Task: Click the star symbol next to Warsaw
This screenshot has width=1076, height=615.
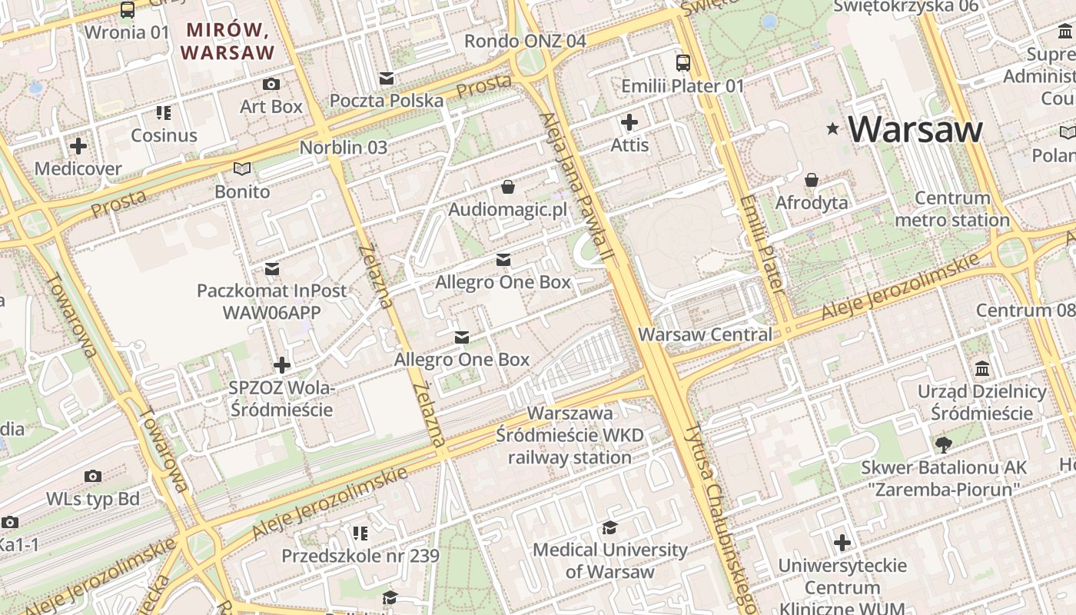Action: click(x=832, y=129)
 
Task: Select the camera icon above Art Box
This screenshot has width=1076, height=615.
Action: click(x=271, y=84)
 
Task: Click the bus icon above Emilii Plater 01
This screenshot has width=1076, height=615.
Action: click(x=682, y=63)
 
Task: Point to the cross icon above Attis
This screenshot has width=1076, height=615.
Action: click(x=629, y=122)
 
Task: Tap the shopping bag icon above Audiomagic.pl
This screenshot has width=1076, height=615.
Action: click(x=507, y=187)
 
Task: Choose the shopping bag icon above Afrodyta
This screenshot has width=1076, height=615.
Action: click(x=812, y=181)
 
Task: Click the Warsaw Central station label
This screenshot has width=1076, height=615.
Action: click(x=705, y=334)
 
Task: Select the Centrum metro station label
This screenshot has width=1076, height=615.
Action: click(x=952, y=209)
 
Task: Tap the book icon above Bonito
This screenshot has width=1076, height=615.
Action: click(x=242, y=168)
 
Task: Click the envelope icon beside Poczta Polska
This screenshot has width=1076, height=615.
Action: click(x=387, y=78)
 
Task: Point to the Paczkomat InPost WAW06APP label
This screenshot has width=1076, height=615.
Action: click(x=272, y=301)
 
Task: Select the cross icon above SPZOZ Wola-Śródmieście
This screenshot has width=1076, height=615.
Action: click(x=282, y=365)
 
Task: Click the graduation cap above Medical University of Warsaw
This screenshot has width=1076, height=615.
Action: click(x=610, y=527)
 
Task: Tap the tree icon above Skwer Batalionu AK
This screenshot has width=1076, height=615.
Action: click(x=943, y=444)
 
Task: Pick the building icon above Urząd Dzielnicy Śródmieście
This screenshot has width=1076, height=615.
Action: click(x=981, y=369)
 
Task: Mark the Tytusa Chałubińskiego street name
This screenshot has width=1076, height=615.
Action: click(x=721, y=515)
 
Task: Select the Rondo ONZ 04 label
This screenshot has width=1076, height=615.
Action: click(x=525, y=41)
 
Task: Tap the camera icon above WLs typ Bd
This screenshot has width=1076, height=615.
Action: click(x=93, y=477)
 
